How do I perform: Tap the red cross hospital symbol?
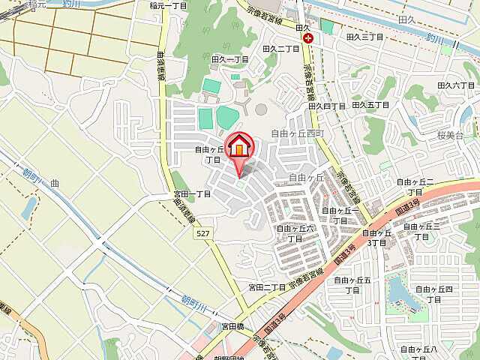click(307, 38)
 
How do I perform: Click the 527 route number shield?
click(202, 234)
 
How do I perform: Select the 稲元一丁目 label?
click(168, 5)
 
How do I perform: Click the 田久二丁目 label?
click(281, 48)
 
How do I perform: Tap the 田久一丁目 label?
click(229, 58)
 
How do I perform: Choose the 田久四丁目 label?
click(327, 106)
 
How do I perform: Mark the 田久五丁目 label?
click(370, 105)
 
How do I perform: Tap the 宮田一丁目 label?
click(192, 193)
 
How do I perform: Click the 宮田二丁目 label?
click(268, 287)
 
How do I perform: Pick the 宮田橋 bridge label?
click(232, 326)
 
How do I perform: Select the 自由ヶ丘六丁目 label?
click(295, 232)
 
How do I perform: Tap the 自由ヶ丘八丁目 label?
click(418, 353)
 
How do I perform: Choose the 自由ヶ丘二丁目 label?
click(416, 186)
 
